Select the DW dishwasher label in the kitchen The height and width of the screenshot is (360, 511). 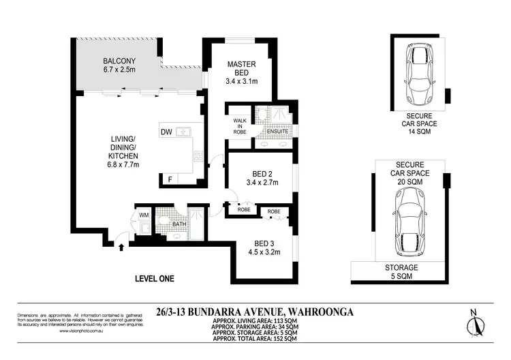(166, 132)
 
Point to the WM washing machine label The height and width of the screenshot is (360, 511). (144, 215)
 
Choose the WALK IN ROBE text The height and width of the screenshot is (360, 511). (240, 125)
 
